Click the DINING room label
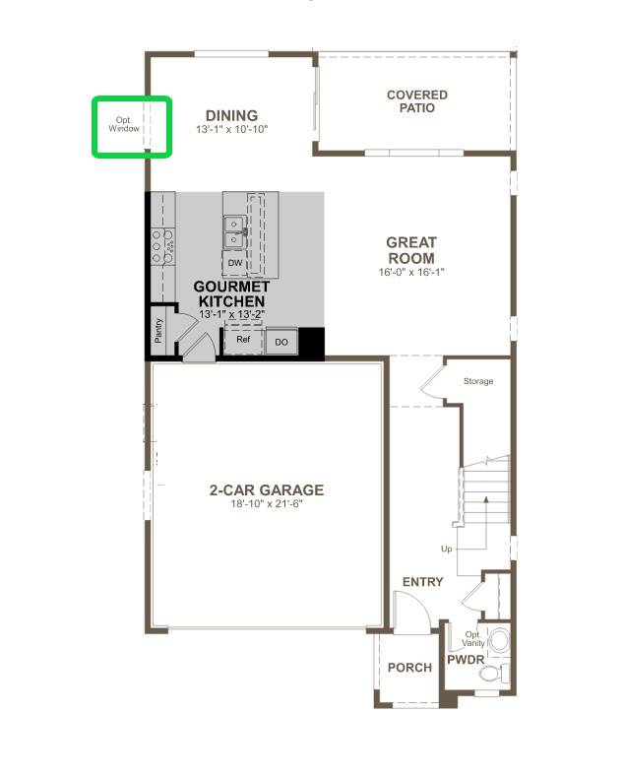pyautogui.click(x=232, y=115)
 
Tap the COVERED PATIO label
pyautogui.click(x=416, y=101)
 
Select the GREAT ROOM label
pyautogui.click(x=410, y=249)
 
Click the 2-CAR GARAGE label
pyautogui.click(x=266, y=489)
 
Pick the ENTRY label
pyautogui.click(x=423, y=582)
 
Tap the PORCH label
pyautogui.click(x=409, y=668)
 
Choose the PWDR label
pyautogui.click(x=466, y=660)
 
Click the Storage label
pyautogui.click(x=478, y=381)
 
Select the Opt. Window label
pyautogui.click(x=124, y=124)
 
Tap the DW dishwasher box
pyautogui.click(x=235, y=264)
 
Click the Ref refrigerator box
pyautogui.click(x=243, y=340)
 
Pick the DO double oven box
pyautogui.click(x=281, y=342)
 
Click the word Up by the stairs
pyautogui.click(x=447, y=549)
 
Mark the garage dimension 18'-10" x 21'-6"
pyautogui.click(x=265, y=504)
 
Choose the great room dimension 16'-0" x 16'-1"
pyautogui.click(x=411, y=272)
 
